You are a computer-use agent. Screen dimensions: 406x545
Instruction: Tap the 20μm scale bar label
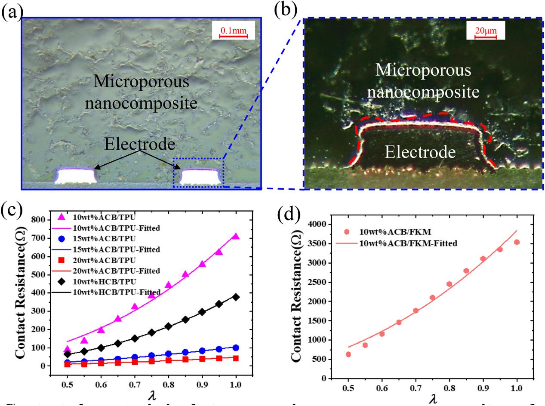click(485, 31)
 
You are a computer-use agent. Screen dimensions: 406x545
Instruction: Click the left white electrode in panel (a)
click(75, 176)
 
